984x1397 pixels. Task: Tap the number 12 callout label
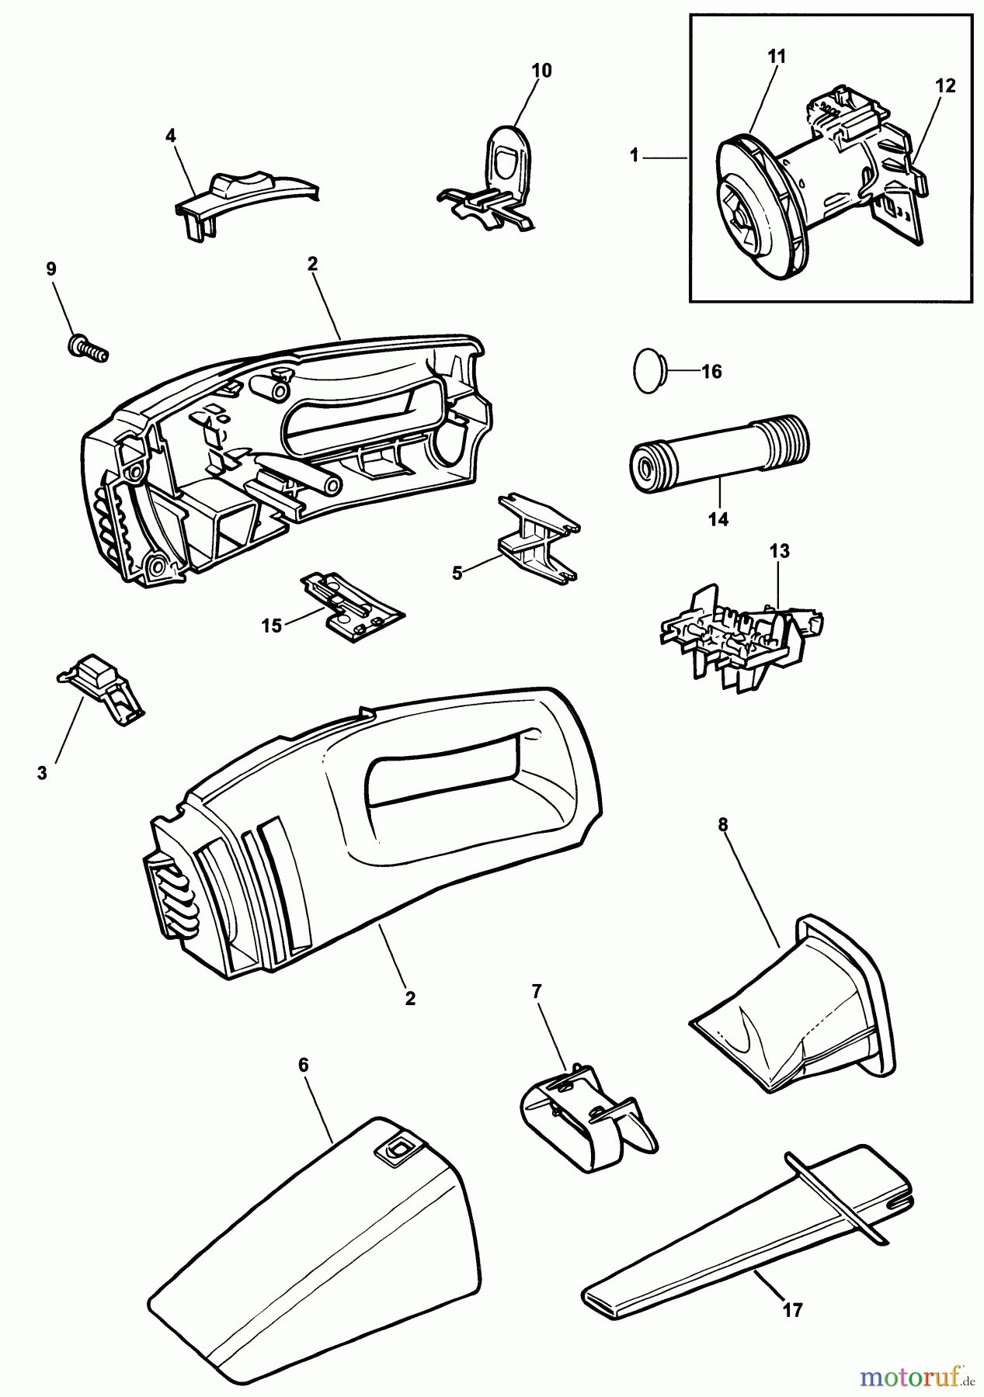(945, 86)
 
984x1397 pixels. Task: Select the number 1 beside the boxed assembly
(635, 156)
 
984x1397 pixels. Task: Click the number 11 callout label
(777, 56)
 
